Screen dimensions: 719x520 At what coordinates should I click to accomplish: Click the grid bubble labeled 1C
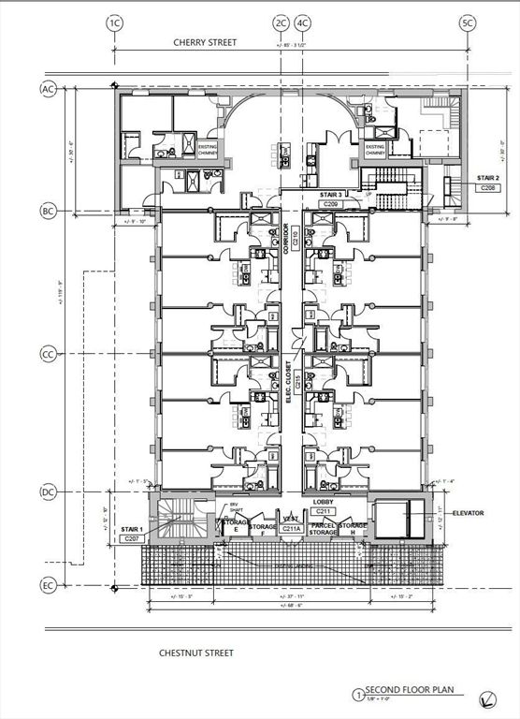pos(115,22)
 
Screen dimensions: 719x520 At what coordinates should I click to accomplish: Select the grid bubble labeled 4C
pos(302,22)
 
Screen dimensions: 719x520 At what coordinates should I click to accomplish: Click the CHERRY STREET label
pos(205,42)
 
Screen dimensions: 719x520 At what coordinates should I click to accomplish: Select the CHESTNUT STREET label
pos(195,653)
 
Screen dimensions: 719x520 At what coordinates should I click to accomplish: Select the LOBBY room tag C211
pos(323,512)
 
